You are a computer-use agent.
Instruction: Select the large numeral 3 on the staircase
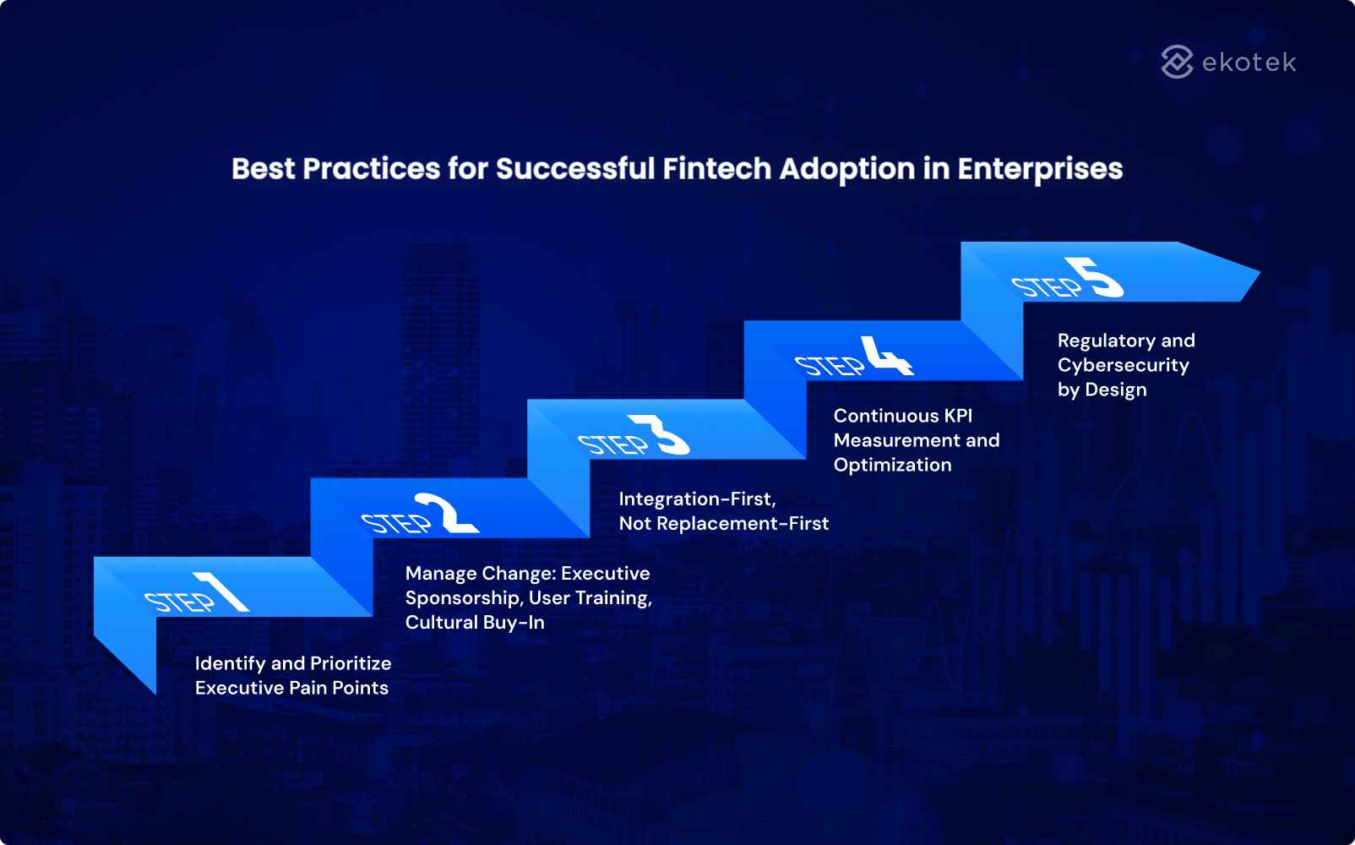click(663, 435)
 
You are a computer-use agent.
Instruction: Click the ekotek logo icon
click(1177, 62)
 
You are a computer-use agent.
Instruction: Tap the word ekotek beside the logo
click(1249, 63)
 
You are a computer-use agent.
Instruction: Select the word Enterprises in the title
click(1040, 169)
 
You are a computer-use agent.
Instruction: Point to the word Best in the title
click(263, 168)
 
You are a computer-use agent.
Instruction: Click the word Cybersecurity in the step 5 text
click(1123, 365)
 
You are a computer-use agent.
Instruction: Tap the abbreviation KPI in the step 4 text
click(958, 416)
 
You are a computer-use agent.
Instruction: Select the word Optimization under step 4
click(892, 465)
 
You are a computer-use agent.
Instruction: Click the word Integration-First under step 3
click(697, 499)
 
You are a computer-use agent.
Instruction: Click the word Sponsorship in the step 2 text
click(462, 597)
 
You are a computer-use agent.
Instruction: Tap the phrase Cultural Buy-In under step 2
click(475, 622)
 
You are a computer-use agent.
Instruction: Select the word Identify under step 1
click(230, 663)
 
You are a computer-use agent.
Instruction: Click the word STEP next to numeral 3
click(612, 444)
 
